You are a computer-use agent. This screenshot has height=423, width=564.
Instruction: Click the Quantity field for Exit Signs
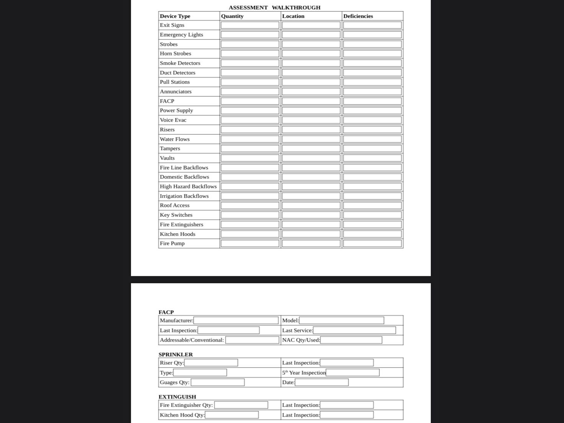click(250, 25)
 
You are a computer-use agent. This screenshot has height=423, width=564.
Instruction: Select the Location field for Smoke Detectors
click(311, 63)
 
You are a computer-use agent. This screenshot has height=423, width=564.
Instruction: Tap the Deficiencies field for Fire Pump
click(372, 243)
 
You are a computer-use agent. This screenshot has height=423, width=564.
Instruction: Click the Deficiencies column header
click(358, 16)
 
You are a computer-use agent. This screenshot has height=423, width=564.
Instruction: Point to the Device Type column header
click(175, 16)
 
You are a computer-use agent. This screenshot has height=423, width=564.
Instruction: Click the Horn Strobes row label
click(175, 54)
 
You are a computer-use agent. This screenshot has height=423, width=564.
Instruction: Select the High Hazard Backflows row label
click(188, 187)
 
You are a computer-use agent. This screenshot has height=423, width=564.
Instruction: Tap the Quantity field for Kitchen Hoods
click(250, 234)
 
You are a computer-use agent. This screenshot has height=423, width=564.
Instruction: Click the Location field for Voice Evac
click(311, 120)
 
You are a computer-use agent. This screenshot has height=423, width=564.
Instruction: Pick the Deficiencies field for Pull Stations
click(372, 82)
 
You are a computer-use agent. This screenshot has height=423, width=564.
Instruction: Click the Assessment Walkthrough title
click(274, 8)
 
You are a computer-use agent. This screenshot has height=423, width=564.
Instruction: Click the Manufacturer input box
click(236, 321)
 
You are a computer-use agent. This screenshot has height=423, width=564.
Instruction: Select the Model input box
click(341, 321)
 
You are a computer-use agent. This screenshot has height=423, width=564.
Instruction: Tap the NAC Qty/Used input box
click(351, 340)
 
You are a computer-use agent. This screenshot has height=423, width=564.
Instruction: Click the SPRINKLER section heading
click(176, 355)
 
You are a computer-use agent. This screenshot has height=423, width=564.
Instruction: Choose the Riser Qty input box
click(211, 363)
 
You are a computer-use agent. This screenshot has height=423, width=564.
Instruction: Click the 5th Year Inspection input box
click(352, 373)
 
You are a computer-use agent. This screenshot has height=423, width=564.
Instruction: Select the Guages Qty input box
click(217, 382)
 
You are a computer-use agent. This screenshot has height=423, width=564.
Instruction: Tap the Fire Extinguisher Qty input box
click(241, 405)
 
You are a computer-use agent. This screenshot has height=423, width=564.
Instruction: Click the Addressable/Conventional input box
click(252, 340)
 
